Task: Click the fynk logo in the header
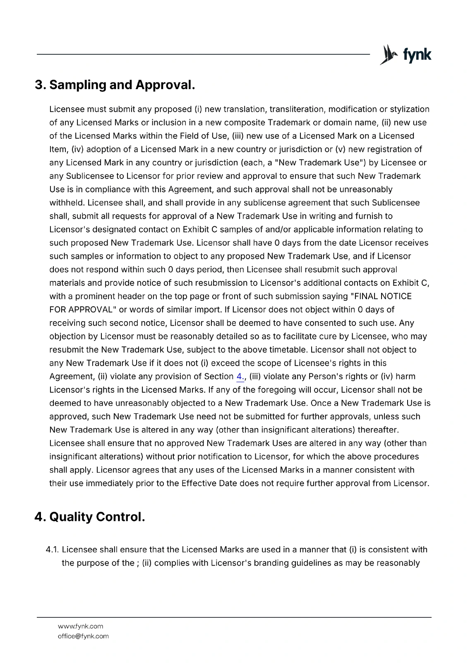406,55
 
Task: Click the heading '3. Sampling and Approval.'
115,85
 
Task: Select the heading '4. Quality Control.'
90,517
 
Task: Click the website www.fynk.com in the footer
80,626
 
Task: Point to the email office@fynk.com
83,636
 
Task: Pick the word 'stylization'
410,109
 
